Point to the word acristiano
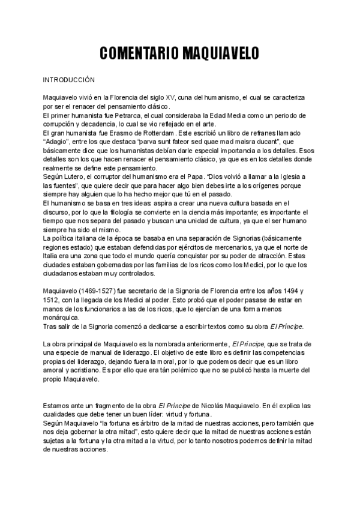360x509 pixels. pos(82,370)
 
